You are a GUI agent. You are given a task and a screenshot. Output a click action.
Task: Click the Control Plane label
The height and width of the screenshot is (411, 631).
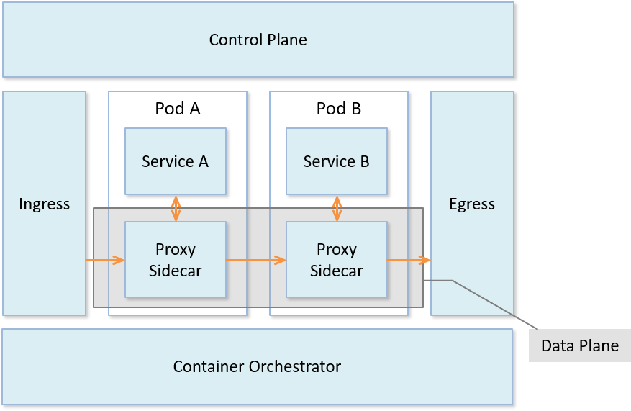click(x=258, y=40)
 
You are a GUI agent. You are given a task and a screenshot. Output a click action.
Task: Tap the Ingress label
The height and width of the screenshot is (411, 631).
click(x=45, y=204)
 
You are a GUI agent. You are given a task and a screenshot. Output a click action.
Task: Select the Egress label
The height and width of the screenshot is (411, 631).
click(x=472, y=204)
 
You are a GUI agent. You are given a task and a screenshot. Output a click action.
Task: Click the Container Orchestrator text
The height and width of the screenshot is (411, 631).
click(x=257, y=366)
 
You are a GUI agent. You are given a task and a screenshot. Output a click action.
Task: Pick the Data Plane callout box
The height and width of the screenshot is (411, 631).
click(x=579, y=345)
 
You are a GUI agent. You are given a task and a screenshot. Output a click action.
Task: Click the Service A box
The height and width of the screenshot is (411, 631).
click(x=176, y=161)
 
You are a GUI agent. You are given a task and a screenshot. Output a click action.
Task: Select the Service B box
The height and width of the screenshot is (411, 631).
click(x=337, y=161)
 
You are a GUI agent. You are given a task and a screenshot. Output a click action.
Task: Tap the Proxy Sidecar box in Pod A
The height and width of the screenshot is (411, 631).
click(x=176, y=260)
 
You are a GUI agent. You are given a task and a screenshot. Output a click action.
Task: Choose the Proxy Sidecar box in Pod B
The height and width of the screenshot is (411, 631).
click(x=337, y=260)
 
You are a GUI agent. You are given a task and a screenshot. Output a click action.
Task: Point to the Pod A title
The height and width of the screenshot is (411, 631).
click(x=178, y=109)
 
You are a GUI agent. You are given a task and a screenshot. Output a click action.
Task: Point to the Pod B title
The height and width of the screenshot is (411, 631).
click(x=339, y=109)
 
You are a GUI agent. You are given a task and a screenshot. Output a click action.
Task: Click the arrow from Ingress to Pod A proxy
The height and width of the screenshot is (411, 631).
click(x=105, y=260)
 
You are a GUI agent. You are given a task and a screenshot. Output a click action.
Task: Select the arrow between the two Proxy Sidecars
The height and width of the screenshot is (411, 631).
click(x=256, y=260)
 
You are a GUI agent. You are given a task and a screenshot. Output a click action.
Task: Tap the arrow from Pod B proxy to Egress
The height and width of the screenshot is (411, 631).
click(x=409, y=260)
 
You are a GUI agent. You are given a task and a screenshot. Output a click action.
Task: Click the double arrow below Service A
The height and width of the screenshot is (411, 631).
click(x=176, y=209)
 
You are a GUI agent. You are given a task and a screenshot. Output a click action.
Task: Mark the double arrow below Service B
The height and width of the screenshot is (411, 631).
click(x=337, y=209)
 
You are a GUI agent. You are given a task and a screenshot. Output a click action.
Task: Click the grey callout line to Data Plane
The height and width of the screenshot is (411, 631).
click(x=489, y=302)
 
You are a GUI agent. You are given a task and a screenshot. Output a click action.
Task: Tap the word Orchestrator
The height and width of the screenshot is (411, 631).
click(x=294, y=366)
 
